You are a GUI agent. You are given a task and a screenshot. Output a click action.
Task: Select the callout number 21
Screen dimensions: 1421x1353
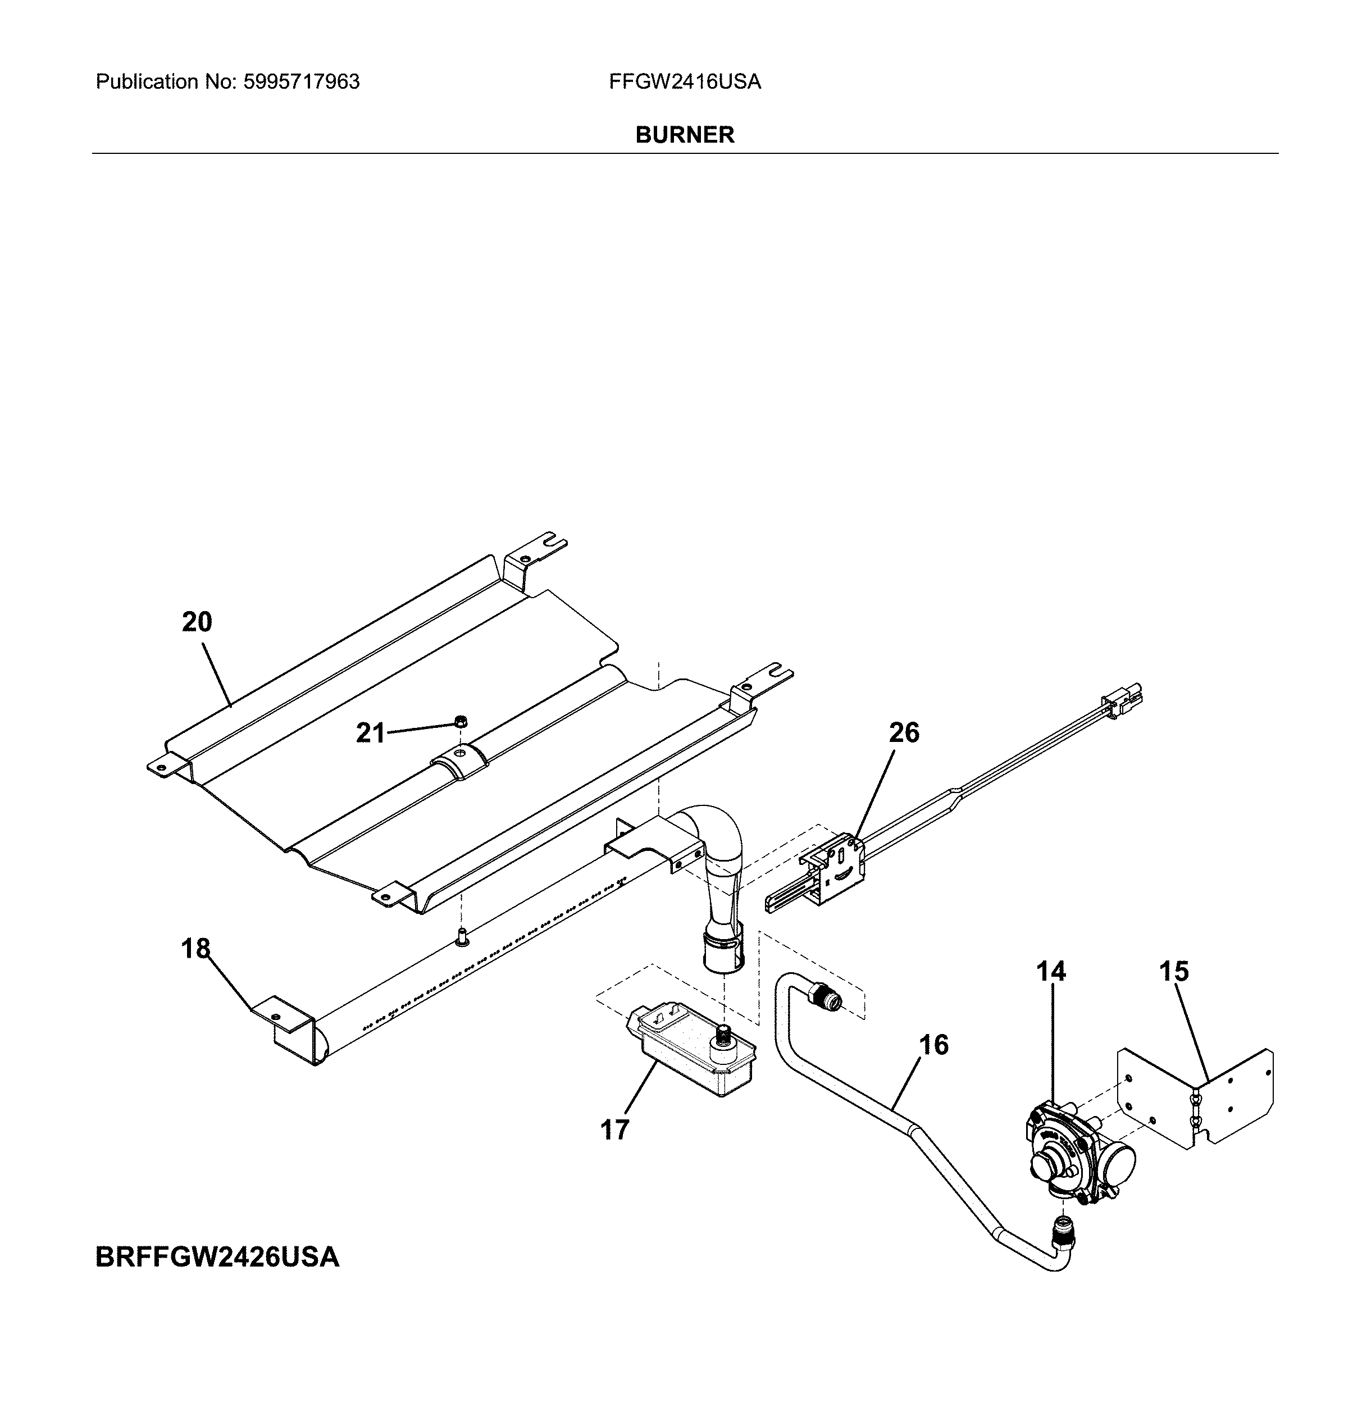click(371, 733)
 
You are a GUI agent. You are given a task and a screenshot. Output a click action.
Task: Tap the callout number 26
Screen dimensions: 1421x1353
click(904, 732)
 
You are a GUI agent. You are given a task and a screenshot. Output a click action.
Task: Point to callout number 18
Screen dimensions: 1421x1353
click(195, 949)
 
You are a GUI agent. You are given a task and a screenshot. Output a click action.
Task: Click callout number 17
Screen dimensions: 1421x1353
click(614, 1129)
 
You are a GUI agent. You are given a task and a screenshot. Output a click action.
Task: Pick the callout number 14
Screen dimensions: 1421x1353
click(1051, 972)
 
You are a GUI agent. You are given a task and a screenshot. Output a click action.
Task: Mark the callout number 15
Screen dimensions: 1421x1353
click(1173, 972)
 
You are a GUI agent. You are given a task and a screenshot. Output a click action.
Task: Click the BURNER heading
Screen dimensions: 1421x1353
click(685, 135)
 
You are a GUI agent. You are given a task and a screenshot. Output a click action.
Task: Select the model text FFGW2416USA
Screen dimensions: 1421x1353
click(685, 81)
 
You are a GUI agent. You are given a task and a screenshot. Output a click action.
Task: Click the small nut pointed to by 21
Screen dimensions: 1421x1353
click(459, 720)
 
